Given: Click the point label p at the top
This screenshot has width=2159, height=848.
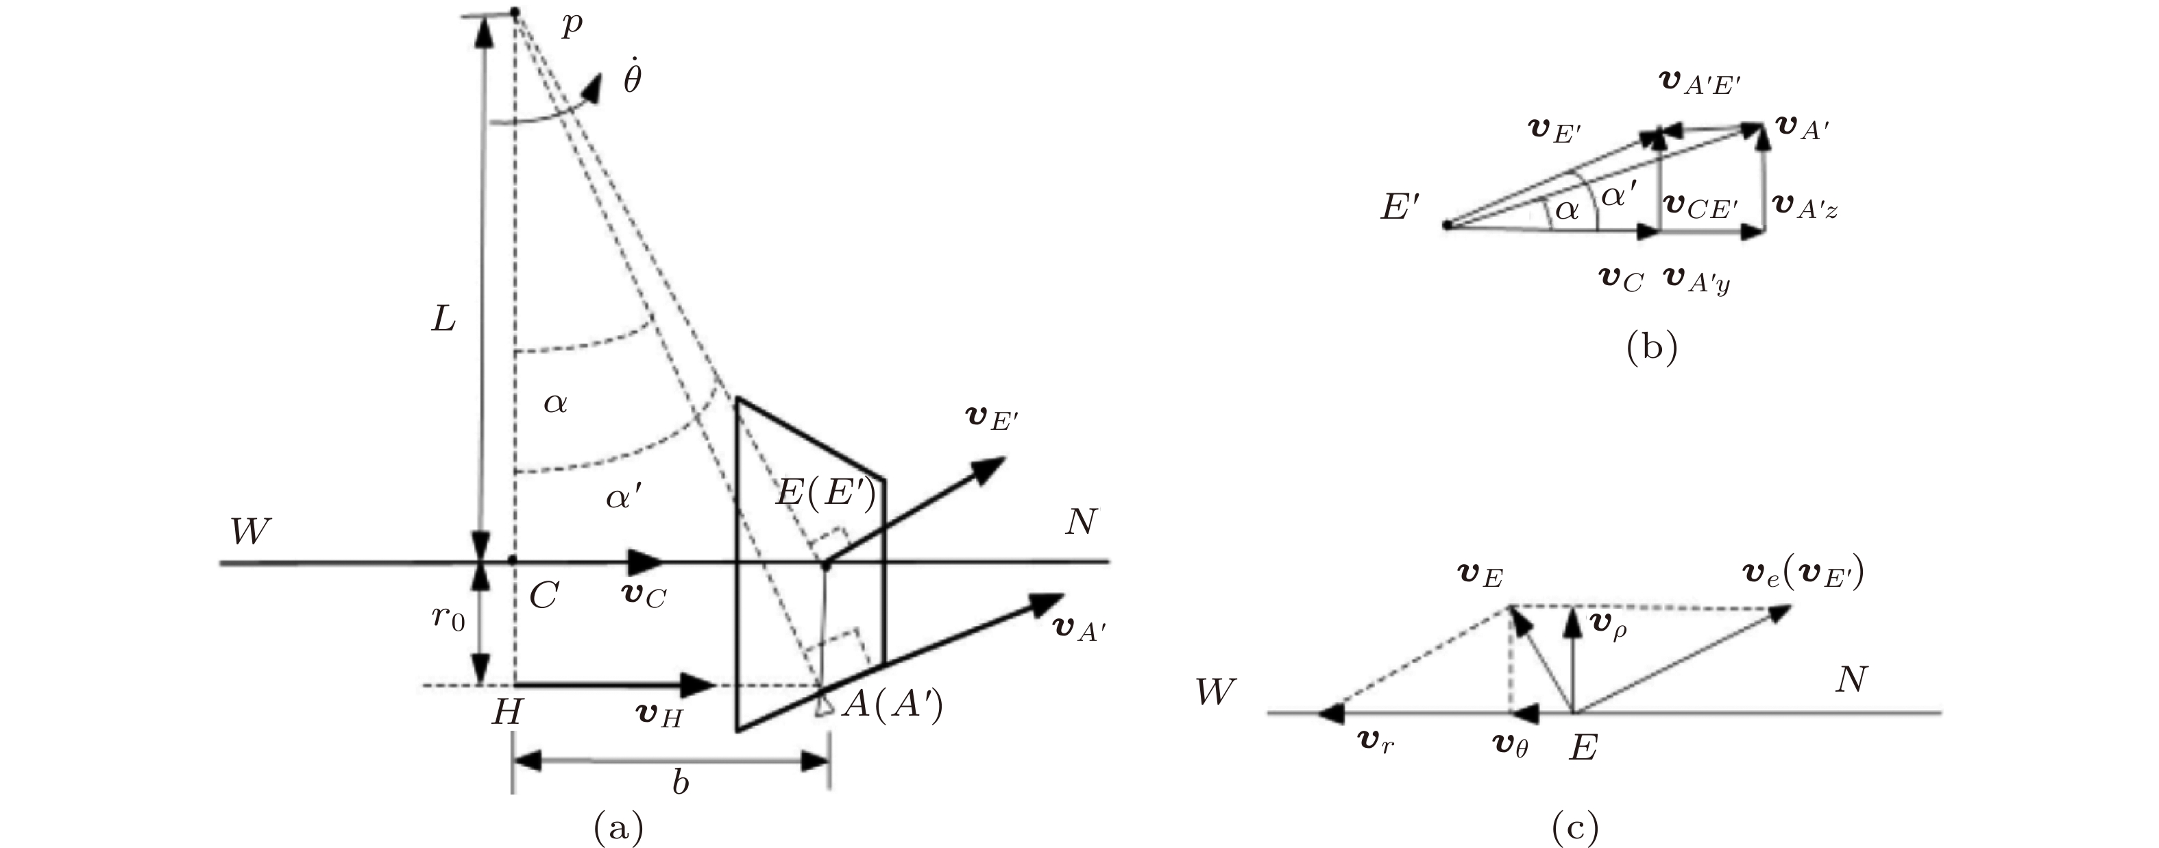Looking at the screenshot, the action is [x=572, y=26].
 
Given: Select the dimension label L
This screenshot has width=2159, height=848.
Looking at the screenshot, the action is [x=443, y=317].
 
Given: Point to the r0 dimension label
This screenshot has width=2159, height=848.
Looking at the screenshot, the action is [x=448, y=618].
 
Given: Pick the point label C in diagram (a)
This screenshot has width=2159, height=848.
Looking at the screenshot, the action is [x=544, y=596].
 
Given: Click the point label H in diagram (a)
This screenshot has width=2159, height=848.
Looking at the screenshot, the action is [x=507, y=712].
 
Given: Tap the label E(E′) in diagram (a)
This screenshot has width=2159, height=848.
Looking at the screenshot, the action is [x=825, y=492].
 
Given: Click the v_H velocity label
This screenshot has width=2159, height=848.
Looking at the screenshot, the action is [x=659, y=716].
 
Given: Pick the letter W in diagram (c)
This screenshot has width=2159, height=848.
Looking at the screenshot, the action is [x=1215, y=691].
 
